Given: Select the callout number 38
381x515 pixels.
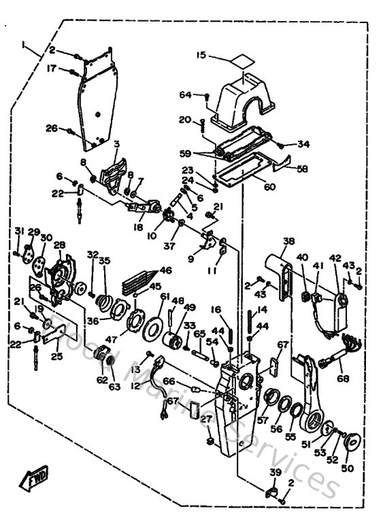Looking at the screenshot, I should tap(289, 241).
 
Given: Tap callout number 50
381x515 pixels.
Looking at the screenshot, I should tap(348, 469).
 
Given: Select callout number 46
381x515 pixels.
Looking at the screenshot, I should tap(165, 270).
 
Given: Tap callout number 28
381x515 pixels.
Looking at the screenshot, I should tap(59, 245).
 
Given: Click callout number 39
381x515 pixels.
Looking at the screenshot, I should tap(274, 473).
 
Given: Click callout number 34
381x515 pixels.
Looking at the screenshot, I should tap(303, 144).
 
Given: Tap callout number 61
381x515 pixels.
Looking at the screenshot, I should tap(164, 296).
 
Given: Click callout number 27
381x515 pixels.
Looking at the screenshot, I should tap(203, 420).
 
